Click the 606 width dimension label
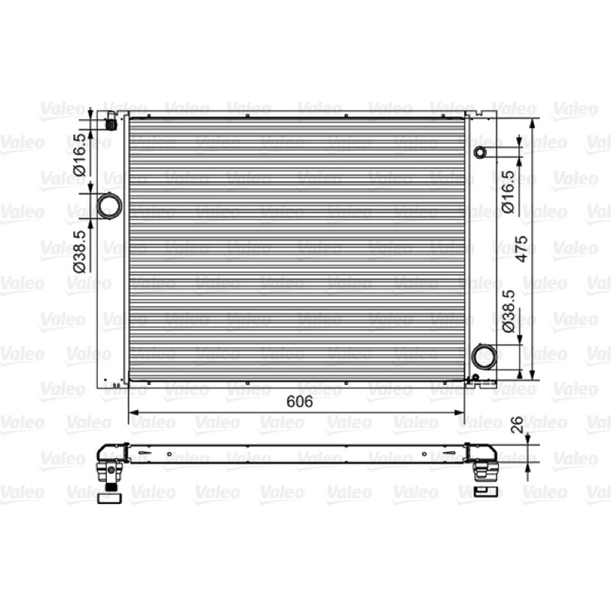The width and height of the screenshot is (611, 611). coord(299,402)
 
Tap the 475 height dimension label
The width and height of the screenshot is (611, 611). coord(521,249)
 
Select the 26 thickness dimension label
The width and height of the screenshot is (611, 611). coord(517,425)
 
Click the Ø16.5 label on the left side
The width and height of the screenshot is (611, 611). coord(79,155)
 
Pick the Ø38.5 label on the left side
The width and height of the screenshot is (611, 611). coord(79,251)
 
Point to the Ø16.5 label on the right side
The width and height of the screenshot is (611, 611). coord(508,192)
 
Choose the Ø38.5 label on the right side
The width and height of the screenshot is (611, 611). coord(508,311)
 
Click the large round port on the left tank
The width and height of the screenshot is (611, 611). coord(109,205)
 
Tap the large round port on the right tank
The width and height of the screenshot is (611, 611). coord(484,356)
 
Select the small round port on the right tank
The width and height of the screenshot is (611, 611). coord(480,152)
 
